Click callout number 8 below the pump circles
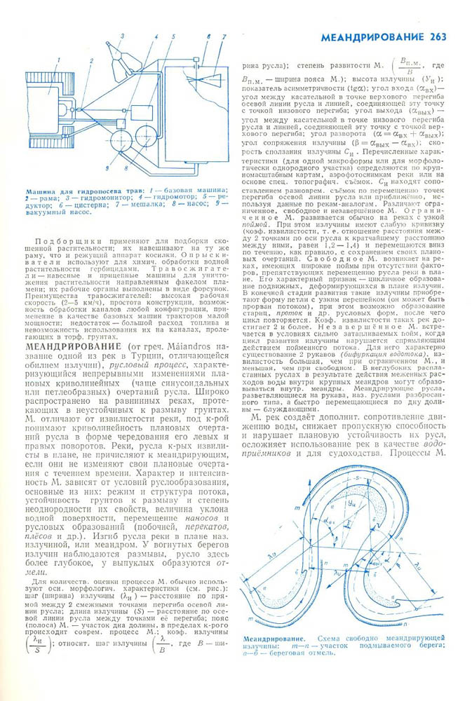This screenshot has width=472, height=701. [126, 168]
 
